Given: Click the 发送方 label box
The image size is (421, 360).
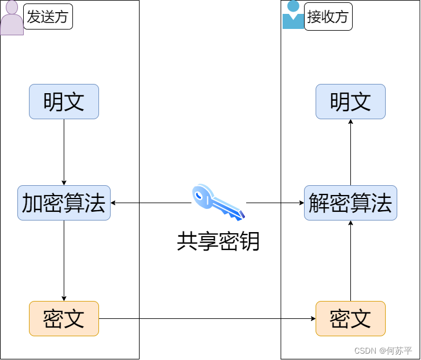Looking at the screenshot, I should (47, 17).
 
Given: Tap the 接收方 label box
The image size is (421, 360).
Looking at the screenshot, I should (328, 17).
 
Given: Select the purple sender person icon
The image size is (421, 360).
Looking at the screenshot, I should (12, 19).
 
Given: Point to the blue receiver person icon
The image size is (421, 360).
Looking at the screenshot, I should (293, 15).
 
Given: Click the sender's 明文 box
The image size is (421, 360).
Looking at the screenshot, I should (64, 102).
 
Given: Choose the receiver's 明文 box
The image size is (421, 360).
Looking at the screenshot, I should (350, 102).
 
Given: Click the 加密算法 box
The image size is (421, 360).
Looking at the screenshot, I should (64, 203).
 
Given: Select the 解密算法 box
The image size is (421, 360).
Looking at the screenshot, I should (350, 203).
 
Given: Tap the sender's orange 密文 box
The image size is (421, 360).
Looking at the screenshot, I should (64, 318).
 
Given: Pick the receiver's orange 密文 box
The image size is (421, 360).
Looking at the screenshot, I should (350, 318).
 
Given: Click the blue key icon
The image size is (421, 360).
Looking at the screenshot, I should (218, 202).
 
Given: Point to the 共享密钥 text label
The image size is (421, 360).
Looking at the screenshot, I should (218, 241).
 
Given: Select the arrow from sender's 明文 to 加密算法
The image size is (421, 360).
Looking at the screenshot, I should (64, 152).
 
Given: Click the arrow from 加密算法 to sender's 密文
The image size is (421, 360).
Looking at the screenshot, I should (64, 260).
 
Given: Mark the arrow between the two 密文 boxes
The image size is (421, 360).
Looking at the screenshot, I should (207, 318).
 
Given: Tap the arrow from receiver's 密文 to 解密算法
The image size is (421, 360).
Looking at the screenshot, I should (350, 260).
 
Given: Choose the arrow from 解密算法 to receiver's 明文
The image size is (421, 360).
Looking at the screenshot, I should (350, 152).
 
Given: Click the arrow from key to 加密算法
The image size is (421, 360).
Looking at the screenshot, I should (151, 203).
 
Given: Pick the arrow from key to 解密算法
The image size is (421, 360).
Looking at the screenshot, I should (275, 203).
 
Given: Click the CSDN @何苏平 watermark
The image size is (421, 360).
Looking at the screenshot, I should (383, 351).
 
